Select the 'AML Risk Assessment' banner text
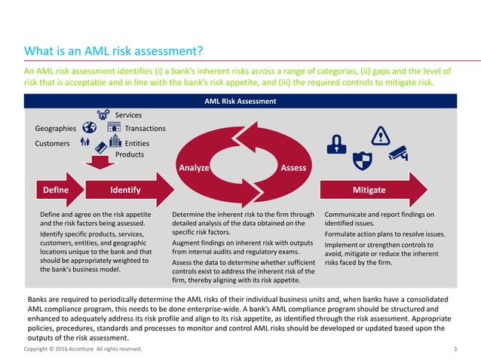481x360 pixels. coord(240,101)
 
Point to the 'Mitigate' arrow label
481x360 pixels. coord(369,190)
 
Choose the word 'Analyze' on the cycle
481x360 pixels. coord(193,167)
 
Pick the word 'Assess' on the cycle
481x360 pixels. coord(293,167)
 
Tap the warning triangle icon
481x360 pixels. coord(381,136)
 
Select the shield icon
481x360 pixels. coord(363,159)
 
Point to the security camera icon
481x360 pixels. coord(398,153)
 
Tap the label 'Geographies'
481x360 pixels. coord(55,129)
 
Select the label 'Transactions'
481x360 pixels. coord(145,129)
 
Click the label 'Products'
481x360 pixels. coord(130,154)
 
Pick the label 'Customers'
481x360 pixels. coord(52,142)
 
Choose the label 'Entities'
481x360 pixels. coord(136,142)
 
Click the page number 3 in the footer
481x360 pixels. coord(455,349)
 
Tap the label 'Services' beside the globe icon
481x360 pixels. coord(128,114)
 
